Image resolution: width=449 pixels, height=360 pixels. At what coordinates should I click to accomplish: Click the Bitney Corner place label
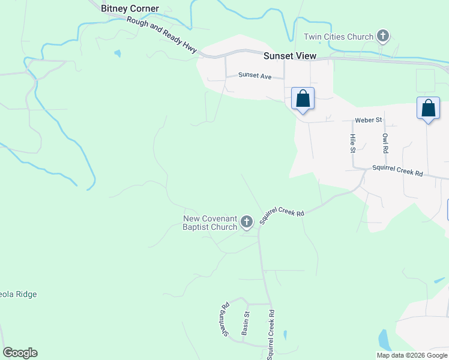click(x=130, y=8)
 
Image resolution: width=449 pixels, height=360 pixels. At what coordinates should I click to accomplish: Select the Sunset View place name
click(x=289, y=56)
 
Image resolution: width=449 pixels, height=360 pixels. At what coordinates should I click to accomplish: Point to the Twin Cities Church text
click(x=339, y=37)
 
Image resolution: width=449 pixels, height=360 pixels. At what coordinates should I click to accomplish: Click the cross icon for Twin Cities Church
click(x=382, y=37)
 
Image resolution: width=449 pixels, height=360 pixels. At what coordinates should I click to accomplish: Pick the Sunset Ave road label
click(x=255, y=76)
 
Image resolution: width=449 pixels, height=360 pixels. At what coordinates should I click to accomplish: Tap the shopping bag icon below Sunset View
click(x=303, y=98)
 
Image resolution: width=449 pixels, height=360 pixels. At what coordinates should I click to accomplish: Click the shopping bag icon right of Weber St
click(x=428, y=109)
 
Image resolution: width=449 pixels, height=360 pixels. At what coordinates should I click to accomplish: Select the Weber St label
click(x=368, y=120)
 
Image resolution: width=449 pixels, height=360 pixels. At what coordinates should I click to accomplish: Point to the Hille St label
click(x=352, y=143)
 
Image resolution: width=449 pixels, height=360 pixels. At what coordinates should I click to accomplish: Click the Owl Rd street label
click(x=385, y=143)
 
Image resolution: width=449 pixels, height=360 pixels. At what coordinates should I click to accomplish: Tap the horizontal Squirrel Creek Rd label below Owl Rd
click(x=397, y=171)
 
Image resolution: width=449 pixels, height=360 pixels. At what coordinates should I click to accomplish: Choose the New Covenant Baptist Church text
click(x=209, y=223)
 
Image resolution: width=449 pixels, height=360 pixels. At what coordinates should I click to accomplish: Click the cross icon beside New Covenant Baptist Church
click(x=246, y=223)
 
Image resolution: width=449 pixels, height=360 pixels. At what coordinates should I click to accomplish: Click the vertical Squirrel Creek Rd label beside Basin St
click(x=271, y=334)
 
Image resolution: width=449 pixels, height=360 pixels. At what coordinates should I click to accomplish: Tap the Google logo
click(x=20, y=353)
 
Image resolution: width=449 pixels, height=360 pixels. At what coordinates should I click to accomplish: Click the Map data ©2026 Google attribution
click(x=412, y=355)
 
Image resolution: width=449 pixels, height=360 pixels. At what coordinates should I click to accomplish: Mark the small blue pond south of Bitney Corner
click(x=117, y=53)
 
